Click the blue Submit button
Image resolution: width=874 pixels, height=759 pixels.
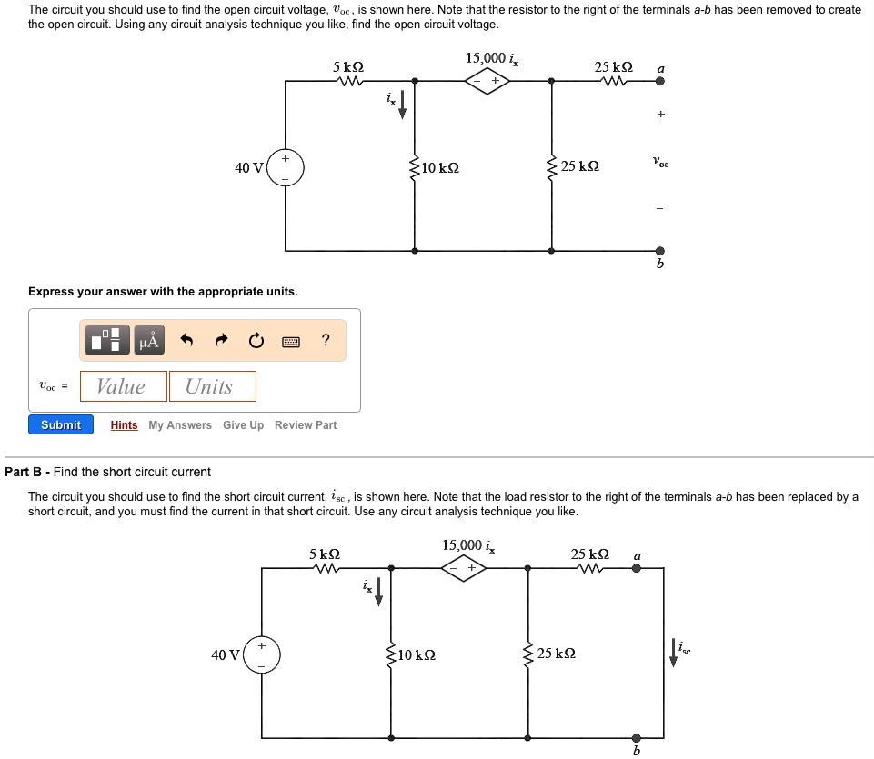tap(60, 425)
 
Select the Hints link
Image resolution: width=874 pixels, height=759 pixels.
tap(124, 425)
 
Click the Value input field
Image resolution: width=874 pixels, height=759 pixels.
tap(123, 386)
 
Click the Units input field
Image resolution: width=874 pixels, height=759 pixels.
tap(211, 386)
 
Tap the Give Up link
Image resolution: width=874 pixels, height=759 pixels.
tap(243, 425)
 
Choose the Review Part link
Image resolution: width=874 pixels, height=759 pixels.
tap(306, 425)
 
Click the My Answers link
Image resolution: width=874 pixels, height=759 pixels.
tap(180, 425)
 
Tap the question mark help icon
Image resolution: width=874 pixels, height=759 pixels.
tap(326, 341)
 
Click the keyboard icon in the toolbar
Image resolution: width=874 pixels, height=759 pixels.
tap(291, 342)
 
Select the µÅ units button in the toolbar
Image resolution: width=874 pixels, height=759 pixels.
tap(149, 341)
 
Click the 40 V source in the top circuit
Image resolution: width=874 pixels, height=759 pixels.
tap(286, 168)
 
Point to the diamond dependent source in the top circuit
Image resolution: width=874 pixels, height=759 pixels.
tap(487, 81)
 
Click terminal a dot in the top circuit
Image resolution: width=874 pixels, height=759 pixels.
tap(660, 81)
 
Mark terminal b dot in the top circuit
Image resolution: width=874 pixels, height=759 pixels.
tap(660, 251)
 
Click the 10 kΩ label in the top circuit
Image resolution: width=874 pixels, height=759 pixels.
tap(440, 168)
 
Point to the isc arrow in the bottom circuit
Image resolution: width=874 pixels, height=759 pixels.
tap(674, 653)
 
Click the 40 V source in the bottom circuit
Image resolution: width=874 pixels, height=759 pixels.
tap(262, 654)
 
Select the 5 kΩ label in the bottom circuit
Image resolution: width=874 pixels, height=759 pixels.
tap(325, 554)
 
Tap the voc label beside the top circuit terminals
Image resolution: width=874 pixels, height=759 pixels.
tap(661, 163)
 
